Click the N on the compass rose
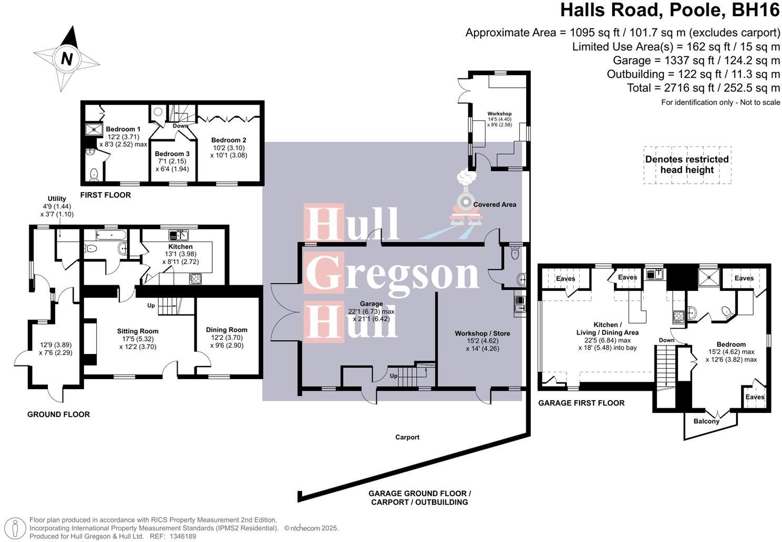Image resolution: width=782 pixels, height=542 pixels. pos(66,59)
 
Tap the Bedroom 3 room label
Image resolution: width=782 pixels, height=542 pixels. pos(172,154)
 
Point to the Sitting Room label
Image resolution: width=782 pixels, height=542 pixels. pos(138,331)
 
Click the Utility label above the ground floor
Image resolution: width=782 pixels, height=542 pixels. pos(57,199)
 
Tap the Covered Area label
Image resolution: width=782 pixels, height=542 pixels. pos(495,204)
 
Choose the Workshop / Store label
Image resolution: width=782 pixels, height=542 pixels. pos(482,333)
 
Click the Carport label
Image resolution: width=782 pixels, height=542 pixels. pos(407,437)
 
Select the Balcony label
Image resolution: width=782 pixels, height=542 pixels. pos(706,421)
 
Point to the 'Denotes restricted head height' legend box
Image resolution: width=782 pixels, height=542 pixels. pos(687,164)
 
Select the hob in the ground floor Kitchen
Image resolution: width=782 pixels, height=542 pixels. pos(195,279)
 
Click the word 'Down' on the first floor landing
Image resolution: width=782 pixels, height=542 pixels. pos(180,126)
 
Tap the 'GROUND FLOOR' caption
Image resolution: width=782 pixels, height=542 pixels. pos(58,414)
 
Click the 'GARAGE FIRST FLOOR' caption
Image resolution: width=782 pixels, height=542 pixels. pos(581,403)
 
